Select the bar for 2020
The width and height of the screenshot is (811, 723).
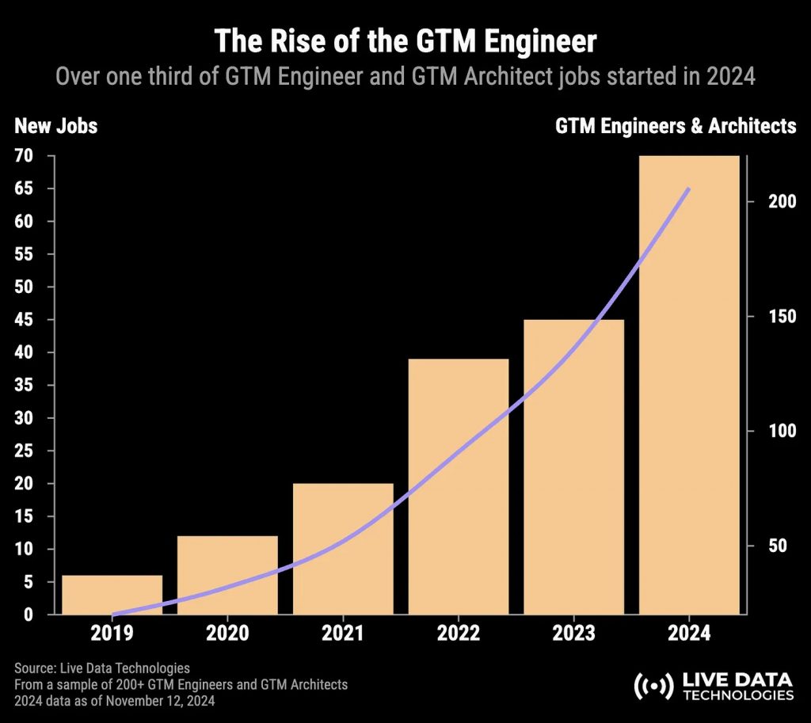[x=227, y=575]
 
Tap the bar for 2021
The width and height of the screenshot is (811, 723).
[x=343, y=548]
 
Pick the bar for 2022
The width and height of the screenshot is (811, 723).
[x=459, y=486]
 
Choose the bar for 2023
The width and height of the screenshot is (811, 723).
[x=573, y=467]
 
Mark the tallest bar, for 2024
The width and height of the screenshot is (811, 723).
[x=689, y=385]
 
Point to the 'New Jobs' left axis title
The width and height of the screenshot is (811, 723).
[x=55, y=125]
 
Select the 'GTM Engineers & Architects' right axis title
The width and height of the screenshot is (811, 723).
[x=676, y=125]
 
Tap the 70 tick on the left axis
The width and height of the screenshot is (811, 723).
[x=24, y=156]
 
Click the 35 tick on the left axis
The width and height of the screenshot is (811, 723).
[x=24, y=386]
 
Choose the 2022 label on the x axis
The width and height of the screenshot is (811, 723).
[x=458, y=634]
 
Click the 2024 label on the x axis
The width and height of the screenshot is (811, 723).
[x=689, y=634]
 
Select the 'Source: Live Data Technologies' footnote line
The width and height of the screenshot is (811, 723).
[x=102, y=668]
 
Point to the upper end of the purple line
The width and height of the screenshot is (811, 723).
[x=689, y=188]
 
